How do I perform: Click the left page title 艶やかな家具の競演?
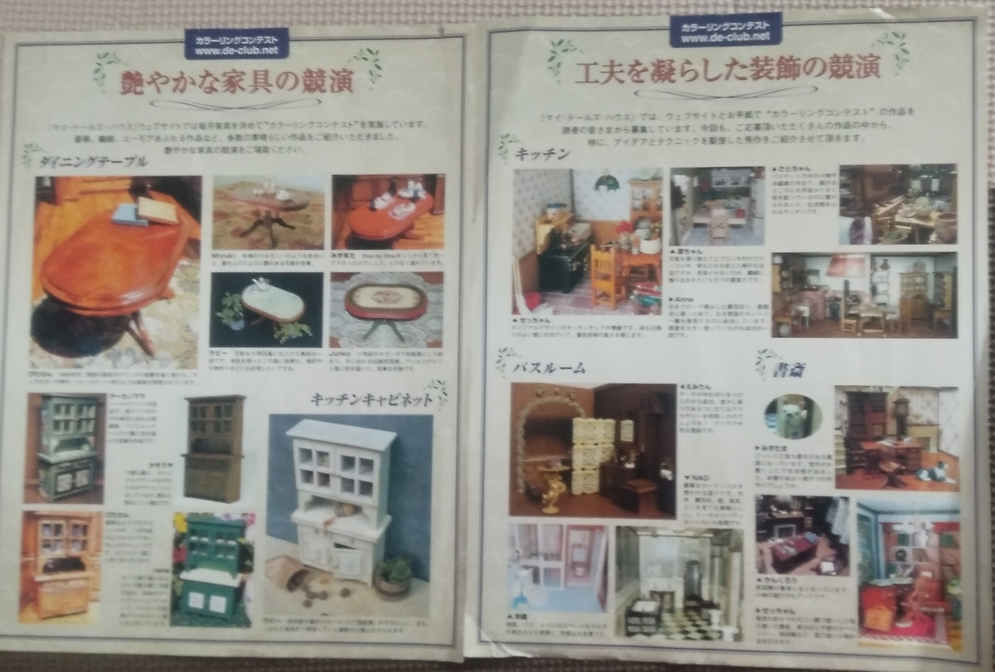point(236,81)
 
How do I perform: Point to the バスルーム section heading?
point(549,367)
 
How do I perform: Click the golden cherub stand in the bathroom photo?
point(550,489)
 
